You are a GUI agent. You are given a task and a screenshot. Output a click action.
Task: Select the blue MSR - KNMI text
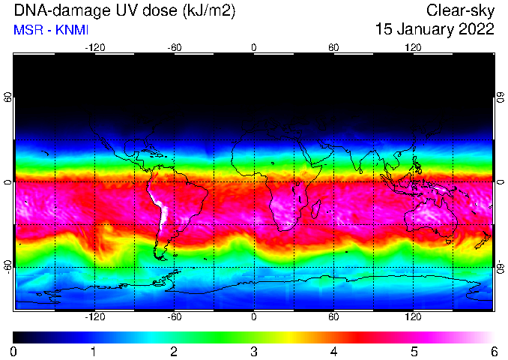point(51,30)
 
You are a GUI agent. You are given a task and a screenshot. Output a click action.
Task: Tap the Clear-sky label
point(460,10)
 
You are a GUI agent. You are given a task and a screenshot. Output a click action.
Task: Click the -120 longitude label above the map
point(95,48)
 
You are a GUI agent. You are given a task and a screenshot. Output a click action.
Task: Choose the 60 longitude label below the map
point(333,316)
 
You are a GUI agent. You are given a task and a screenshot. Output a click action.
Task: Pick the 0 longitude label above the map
point(254,48)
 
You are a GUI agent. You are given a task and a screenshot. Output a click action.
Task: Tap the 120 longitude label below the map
point(413,316)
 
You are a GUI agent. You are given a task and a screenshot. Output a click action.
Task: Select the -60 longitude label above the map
point(175,48)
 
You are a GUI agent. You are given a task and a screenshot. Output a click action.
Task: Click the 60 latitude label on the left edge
point(8,97)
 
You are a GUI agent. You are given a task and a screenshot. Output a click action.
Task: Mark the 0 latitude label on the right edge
point(501,181)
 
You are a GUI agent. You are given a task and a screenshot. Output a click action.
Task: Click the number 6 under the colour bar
point(494,352)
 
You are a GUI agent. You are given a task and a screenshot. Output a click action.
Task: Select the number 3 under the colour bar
point(254,352)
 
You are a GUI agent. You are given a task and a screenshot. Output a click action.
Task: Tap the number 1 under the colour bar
point(94,352)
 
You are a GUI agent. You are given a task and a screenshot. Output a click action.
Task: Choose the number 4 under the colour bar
point(333,352)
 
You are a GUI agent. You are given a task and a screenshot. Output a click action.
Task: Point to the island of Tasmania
point(448,241)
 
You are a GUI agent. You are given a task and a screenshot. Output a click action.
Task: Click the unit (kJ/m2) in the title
point(209,11)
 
